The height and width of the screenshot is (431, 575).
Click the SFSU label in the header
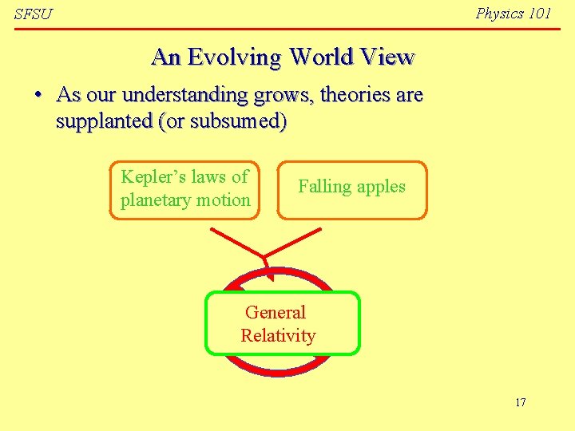[33, 15]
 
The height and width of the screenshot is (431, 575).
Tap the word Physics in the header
[500, 14]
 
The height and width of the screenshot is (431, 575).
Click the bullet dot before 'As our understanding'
[38, 95]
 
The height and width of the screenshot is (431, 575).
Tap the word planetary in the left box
[154, 200]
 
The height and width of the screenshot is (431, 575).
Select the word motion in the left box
[223, 200]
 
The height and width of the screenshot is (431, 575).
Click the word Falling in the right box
[324, 187]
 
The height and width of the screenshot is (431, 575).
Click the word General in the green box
[276, 312]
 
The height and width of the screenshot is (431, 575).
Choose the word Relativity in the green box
[278, 335]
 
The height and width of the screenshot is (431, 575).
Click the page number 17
[521, 402]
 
